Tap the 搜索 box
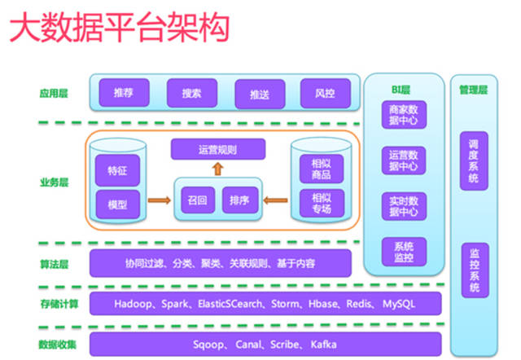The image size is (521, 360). pos(192,93)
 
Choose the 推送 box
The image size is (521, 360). pos(260,94)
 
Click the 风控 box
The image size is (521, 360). pos(325,93)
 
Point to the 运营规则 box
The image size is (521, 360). pos(217,150)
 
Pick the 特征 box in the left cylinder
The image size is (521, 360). pos(118,172)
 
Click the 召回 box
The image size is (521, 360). pos(197,198)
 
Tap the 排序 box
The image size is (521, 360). pos(239,198)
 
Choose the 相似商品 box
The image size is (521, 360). pos(316,169)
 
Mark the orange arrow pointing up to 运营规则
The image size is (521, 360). pos(217,169)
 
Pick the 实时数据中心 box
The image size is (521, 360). pos(404,207)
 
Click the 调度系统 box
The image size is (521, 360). pos(474,160)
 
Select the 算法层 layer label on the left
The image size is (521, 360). pos(53,264)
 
